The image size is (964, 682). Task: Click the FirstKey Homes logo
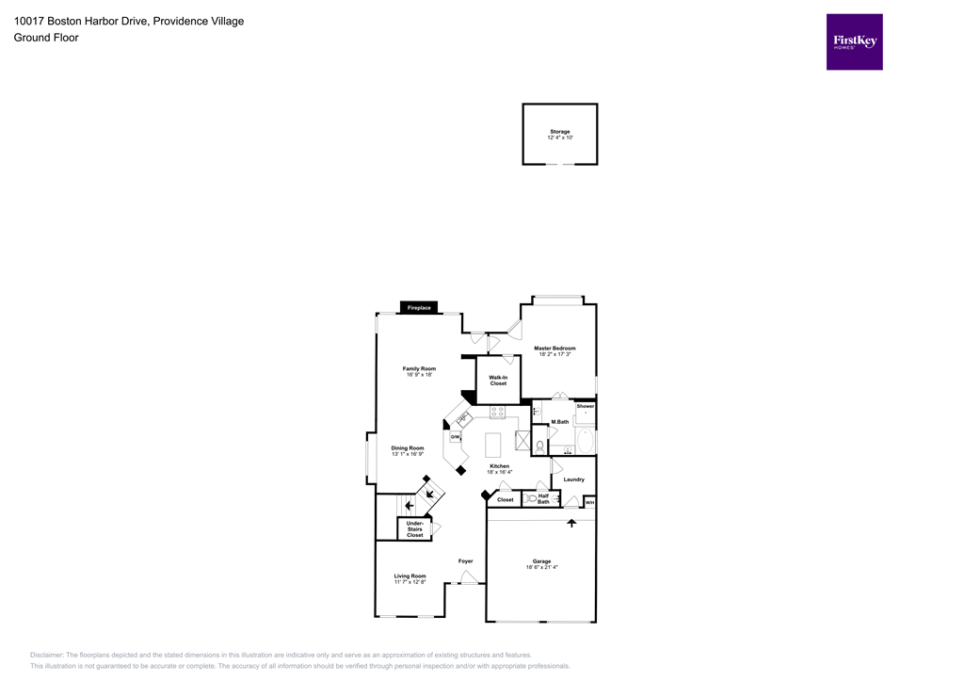pos(854,41)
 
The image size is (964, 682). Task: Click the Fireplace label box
pos(419,308)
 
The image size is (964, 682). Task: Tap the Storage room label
pos(559,132)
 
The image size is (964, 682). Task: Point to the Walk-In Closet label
pos(498,381)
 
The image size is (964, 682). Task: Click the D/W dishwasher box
pos(456,437)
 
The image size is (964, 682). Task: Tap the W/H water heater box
pos(589,503)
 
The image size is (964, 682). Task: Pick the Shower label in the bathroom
pos(586,406)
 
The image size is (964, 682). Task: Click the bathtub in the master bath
pos(585,441)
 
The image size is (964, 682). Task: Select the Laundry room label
pos(573,479)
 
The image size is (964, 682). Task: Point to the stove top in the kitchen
pos(497,412)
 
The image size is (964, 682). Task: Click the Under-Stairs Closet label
pos(415,528)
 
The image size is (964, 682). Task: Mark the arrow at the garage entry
pos(571,523)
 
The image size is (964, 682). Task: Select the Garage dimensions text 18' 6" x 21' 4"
pos(541,567)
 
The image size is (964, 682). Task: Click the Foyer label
pos(465,561)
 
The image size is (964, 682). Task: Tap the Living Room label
pos(410,576)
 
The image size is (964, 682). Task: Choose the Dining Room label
pos(408,448)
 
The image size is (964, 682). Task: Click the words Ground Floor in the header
pos(46,38)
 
